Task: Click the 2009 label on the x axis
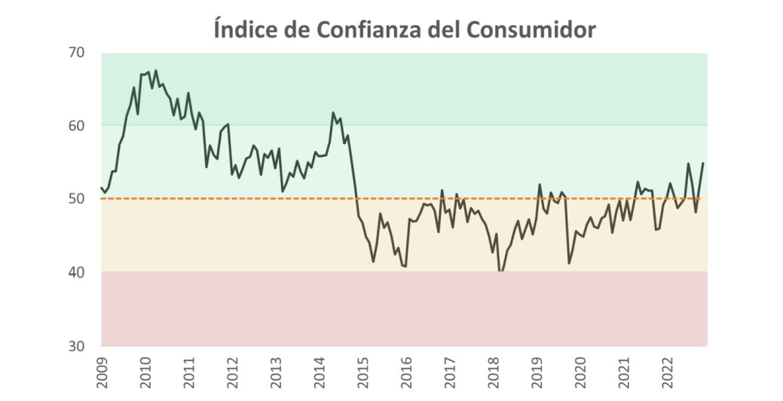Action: click(102, 372)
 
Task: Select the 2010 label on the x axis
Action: click(145, 372)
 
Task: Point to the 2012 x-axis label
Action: click(232, 372)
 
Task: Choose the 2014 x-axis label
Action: click(319, 372)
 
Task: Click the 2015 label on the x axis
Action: click(362, 372)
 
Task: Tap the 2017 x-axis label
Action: click(449, 372)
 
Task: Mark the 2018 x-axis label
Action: click(493, 372)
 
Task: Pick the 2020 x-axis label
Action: click(580, 372)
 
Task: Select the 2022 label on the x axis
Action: click(666, 372)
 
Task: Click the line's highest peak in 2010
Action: click(155, 71)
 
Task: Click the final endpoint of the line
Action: click(703, 164)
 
